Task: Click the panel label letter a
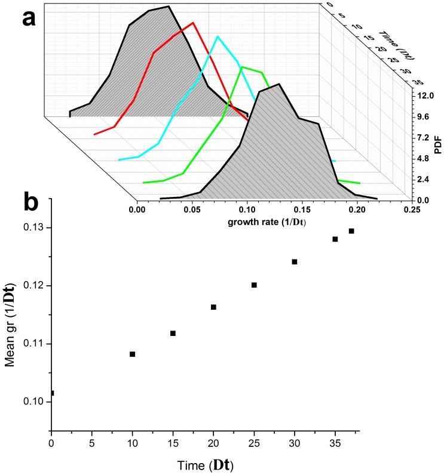(x=30, y=18)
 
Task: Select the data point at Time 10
(x=133, y=354)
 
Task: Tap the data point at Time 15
(x=173, y=333)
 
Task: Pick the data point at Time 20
(x=213, y=307)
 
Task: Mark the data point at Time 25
(x=254, y=285)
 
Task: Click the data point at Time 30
(x=295, y=261)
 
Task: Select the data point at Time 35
(x=335, y=239)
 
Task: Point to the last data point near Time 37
(x=351, y=231)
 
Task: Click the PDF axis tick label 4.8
(x=425, y=159)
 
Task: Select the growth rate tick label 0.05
(x=192, y=211)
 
